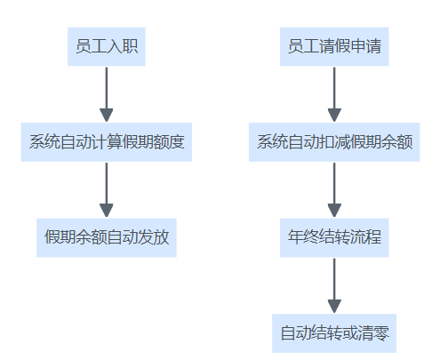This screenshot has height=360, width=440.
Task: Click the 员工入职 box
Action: click(x=107, y=46)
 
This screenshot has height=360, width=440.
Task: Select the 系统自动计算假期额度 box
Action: click(x=107, y=142)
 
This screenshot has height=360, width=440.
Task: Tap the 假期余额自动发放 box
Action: click(x=107, y=237)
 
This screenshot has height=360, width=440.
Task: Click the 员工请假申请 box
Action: click(x=334, y=46)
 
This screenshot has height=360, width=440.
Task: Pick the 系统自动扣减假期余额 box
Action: click(x=334, y=142)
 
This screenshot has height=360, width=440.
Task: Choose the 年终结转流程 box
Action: click(x=334, y=237)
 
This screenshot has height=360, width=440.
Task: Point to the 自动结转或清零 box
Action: click(x=334, y=333)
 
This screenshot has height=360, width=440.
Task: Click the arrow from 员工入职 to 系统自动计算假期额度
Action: click(x=107, y=94)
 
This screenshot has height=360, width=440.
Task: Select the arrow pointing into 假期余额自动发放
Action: click(x=107, y=190)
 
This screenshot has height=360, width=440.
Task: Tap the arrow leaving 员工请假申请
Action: click(x=334, y=94)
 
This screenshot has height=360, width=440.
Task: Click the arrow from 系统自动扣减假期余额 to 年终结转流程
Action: click(x=334, y=190)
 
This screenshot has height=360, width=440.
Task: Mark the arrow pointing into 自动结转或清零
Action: click(x=334, y=285)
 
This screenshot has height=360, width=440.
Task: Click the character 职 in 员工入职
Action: click(x=130, y=46)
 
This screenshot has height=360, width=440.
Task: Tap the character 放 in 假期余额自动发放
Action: click(x=161, y=237)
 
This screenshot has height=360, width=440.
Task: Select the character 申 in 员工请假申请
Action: click(x=357, y=46)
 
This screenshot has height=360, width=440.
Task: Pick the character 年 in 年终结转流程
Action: click(x=295, y=237)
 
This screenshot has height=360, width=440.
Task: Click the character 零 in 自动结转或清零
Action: click(x=381, y=333)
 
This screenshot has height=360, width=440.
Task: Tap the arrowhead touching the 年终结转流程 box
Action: click(x=334, y=211)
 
